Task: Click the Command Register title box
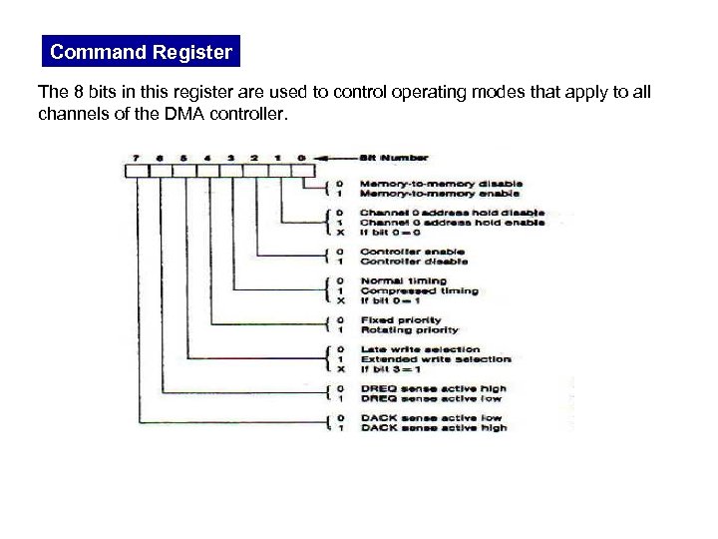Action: [x=141, y=52]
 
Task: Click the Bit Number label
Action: [x=396, y=157]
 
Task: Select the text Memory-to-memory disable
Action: [x=441, y=184]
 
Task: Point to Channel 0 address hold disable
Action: [x=452, y=213]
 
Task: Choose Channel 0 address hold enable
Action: [x=452, y=223]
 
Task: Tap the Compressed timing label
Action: [x=419, y=290]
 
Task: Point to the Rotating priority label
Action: [x=409, y=329]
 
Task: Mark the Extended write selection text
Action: [x=436, y=359]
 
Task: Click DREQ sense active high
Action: [x=433, y=388]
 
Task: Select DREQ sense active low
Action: [x=431, y=398]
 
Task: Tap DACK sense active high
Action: [x=433, y=427]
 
